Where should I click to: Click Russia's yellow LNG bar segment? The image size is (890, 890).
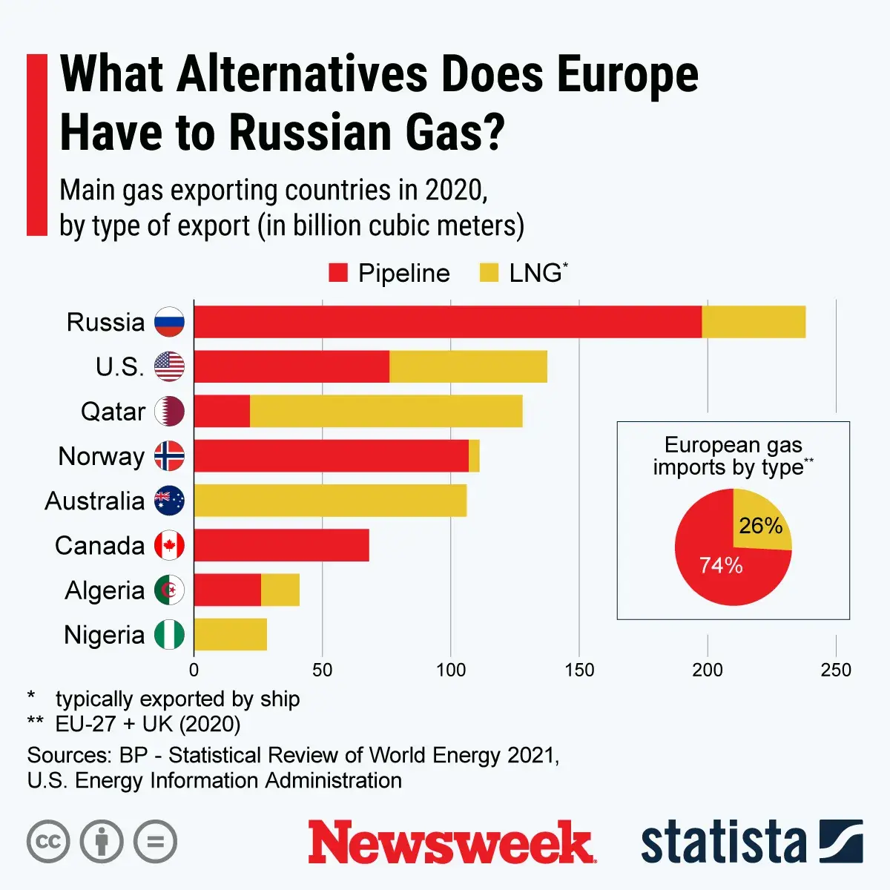click(x=754, y=322)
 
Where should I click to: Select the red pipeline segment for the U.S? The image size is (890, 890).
click(x=291, y=366)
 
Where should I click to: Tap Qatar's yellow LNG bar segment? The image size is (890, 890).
click(x=386, y=412)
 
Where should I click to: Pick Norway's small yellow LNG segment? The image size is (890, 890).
click(x=474, y=456)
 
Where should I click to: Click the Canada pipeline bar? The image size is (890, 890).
click(x=282, y=546)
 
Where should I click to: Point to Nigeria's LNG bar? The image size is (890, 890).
click(x=231, y=635)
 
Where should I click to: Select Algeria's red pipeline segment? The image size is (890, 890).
click(x=228, y=590)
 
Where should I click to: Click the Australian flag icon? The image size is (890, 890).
click(x=169, y=501)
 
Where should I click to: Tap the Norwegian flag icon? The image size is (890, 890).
click(x=169, y=456)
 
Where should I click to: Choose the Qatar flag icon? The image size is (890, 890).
click(x=169, y=412)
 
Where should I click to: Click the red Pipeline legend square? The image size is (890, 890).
click(x=338, y=273)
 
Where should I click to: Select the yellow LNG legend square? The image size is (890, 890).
click(x=489, y=273)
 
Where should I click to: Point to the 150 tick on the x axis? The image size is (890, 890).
click(x=579, y=670)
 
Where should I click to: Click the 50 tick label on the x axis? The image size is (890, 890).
click(x=322, y=670)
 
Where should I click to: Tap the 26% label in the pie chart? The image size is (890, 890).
click(x=760, y=526)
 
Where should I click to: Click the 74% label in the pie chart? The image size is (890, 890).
click(x=721, y=565)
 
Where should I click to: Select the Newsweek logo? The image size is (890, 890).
click(x=452, y=843)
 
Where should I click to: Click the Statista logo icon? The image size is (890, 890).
click(x=841, y=842)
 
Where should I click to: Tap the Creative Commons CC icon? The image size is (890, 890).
click(x=48, y=842)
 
